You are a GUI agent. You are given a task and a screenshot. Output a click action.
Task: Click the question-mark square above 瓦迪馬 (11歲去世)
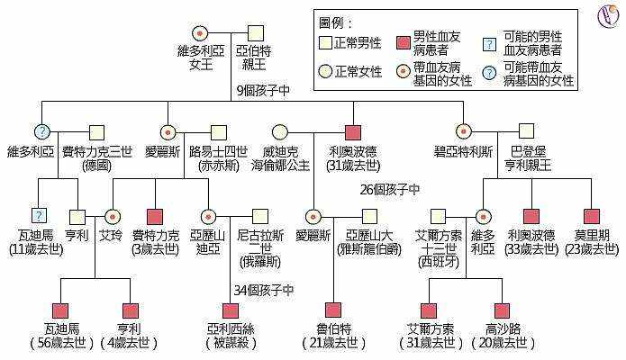(x=38, y=216)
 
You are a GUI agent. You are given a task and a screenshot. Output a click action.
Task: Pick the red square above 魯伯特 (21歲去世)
(x=334, y=310)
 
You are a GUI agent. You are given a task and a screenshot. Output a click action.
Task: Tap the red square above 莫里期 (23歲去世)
(x=592, y=216)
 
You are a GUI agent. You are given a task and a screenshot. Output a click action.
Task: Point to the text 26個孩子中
(x=390, y=189)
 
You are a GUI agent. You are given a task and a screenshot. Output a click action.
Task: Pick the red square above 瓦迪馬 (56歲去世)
(x=61, y=310)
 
